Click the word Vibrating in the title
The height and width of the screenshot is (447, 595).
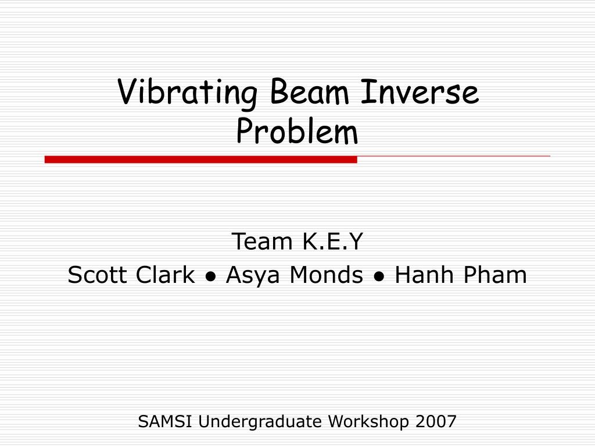188,93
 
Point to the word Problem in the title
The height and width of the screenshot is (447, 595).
297,131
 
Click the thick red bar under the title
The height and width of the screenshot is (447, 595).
200,159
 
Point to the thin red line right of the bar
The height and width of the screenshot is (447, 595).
453,156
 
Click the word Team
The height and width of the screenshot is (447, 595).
262,241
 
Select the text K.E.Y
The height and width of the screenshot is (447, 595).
332,241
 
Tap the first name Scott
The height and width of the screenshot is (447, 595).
97,275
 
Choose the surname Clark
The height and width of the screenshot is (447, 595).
165,274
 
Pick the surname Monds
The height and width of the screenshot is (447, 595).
326,274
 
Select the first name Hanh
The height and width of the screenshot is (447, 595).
424,274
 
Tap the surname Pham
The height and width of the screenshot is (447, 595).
495,274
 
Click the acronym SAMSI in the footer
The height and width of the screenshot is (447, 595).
164,421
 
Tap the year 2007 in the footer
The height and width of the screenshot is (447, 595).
436,421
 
